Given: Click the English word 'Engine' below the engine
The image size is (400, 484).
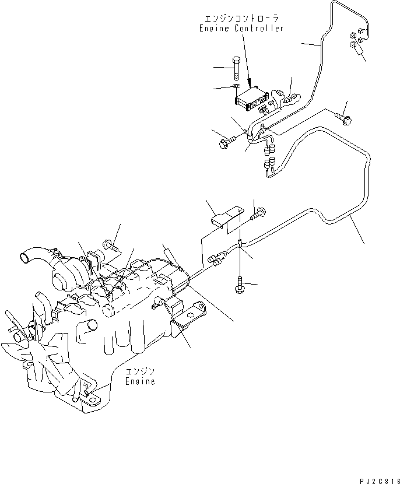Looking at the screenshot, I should coord(141,381).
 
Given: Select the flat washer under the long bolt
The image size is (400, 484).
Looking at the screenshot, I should coord(235,87).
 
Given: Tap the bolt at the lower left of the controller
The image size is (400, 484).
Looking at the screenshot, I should coord(226,141).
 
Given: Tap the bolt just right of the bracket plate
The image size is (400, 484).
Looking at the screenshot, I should coord(257,216).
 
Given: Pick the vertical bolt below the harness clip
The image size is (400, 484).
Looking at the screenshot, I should coord(240,284).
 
